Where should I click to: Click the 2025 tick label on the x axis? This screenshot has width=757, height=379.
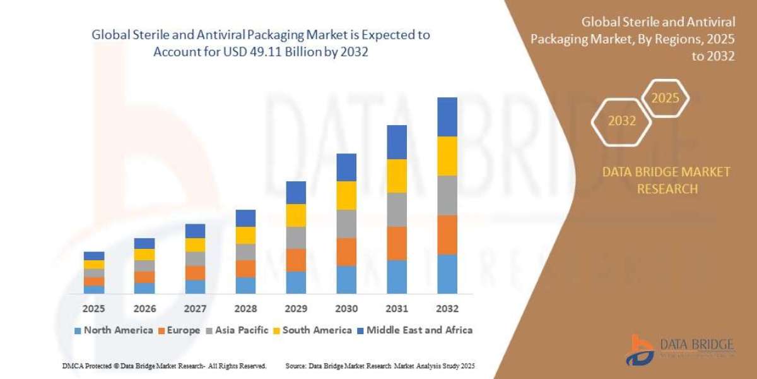click(93, 309)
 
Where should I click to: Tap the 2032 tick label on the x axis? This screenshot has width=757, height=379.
click(447, 309)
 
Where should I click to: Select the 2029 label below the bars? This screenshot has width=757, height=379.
click(296, 309)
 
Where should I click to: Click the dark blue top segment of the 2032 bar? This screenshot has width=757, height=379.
click(447, 117)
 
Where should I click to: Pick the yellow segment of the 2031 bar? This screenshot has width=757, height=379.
click(396, 176)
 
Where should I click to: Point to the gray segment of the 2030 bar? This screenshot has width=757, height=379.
click(346, 224)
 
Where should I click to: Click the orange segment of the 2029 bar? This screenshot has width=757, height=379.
click(296, 260)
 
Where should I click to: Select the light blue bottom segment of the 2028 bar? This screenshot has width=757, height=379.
click(245, 285)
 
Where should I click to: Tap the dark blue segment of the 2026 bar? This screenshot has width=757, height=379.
click(144, 243)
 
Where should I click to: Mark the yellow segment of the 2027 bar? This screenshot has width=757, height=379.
click(195, 245)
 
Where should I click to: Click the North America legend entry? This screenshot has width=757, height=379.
click(114, 330)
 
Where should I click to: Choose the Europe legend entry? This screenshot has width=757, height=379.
click(179, 330)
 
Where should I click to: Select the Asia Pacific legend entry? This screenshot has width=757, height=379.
click(237, 330)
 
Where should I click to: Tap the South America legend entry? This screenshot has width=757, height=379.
click(312, 330)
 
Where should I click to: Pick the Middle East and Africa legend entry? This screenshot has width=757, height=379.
click(414, 330)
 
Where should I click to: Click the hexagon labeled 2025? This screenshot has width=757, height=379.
click(665, 99)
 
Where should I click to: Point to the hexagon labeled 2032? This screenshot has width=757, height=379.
click(622, 121)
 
